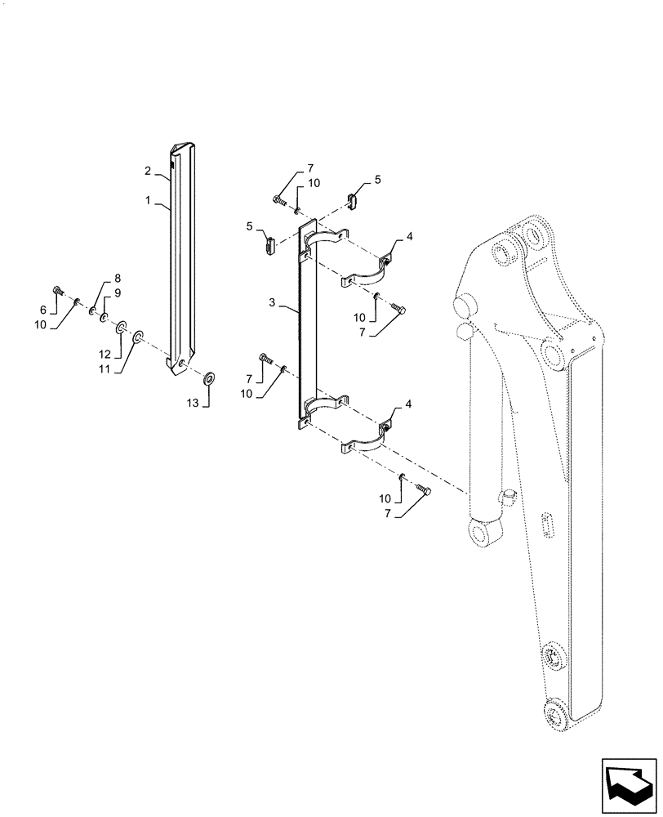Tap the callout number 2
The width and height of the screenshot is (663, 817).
pos(149,171)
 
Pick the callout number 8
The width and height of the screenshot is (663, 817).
pos(117,279)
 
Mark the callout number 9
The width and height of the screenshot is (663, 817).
pos(118,292)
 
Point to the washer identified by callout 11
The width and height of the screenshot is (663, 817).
pos(138,336)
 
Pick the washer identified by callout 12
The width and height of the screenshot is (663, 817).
pos(121,328)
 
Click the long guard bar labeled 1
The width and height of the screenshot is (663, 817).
pos(181,261)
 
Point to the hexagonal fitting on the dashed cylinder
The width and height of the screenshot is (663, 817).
pos(462,333)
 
